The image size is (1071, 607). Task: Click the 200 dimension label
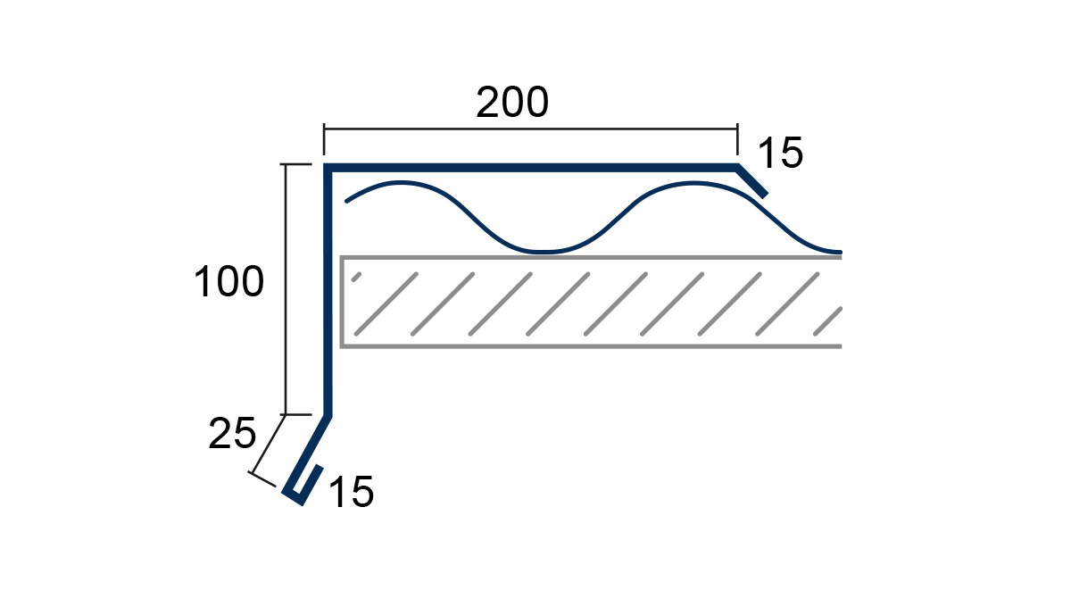click(x=512, y=103)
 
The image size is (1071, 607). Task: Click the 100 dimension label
click(x=229, y=282)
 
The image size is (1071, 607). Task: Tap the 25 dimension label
click(x=232, y=433)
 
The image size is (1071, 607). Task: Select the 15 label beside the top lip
click(x=781, y=153)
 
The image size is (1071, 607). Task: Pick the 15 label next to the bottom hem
click(x=352, y=492)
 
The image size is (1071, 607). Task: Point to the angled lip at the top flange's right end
click(x=752, y=181)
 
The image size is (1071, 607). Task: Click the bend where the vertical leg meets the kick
click(x=328, y=416)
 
